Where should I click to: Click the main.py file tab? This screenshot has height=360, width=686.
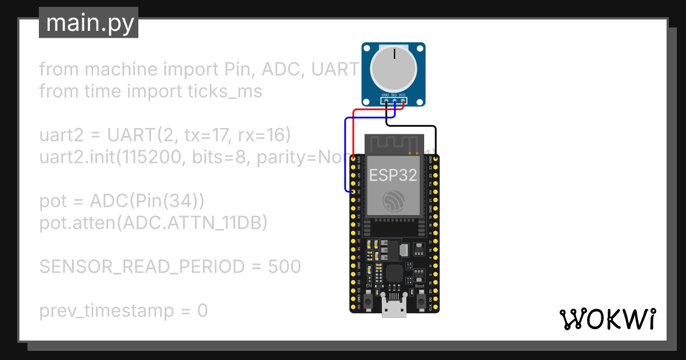[x=89, y=23]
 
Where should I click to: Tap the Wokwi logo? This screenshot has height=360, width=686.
[x=607, y=319]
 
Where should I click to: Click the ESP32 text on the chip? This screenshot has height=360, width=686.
[x=393, y=175]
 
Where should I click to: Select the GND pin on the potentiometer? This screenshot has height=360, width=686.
[x=386, y=102]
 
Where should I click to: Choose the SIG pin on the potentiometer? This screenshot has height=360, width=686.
[x=394, y=102]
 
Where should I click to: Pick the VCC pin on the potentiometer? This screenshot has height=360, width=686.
[x=403, y=102]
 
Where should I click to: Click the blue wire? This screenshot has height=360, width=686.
[x=345, y=154]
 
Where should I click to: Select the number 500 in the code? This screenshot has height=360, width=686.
[x=284, y=266]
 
